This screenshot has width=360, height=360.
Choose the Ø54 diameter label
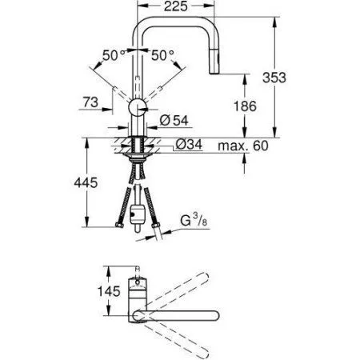(x=182, y=121)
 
